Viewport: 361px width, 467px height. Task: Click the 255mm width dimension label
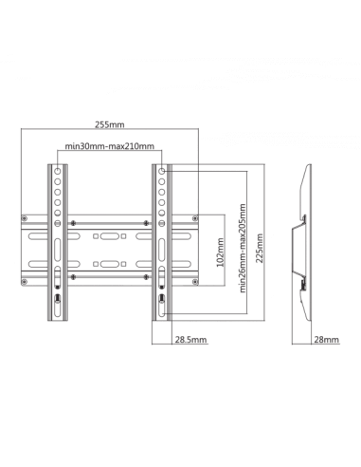110,124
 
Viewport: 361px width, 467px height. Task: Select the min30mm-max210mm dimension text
110,146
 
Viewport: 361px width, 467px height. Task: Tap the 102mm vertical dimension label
221,252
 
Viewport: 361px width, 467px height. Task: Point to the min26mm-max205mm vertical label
243,248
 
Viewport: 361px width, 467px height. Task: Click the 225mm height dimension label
260,248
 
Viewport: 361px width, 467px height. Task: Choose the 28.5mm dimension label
191,340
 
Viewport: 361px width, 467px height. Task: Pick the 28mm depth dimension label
327,340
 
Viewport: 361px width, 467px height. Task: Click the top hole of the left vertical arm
58,171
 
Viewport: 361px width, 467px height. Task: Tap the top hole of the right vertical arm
161,171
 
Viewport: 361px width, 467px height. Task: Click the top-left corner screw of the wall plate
25,218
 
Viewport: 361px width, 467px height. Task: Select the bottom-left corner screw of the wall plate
25,282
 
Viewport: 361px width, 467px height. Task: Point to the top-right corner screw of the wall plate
195,218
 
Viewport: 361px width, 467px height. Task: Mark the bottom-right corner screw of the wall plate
195,282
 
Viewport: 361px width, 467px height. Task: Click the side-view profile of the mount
302,242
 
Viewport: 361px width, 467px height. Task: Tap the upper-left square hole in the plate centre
96,236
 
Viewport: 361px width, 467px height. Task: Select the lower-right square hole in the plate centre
123,264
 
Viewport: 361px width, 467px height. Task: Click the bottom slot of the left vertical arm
58,308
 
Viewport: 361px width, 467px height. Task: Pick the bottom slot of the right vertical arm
161,308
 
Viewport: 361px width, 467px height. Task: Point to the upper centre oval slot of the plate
110,236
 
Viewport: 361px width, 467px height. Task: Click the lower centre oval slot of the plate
110,264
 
